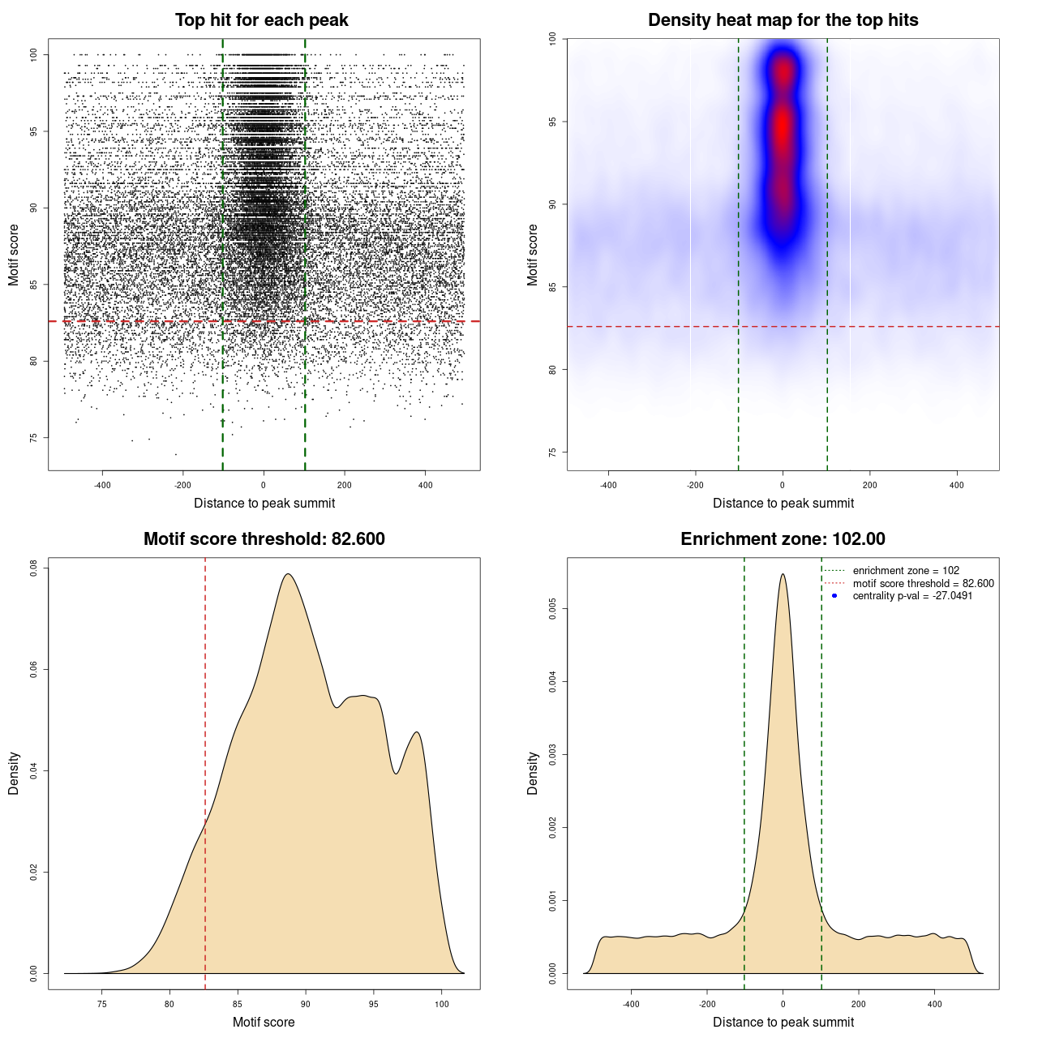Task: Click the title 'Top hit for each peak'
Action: point(261,20)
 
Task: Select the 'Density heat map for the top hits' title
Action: point(783,20)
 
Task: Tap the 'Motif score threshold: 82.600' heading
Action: point(264,539)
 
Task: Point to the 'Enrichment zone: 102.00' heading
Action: point(783,539)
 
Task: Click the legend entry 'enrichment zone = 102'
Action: point(906,571)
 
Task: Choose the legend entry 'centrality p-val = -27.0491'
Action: point(912,596)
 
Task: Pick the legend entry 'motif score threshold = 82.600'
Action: point(923,583)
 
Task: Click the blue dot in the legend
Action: point(834,596)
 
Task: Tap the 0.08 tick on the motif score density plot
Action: point(34,567)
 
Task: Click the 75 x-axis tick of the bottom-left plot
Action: point(101,1004)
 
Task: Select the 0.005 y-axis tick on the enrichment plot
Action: point(553,609)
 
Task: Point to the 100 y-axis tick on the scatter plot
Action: point(34,54)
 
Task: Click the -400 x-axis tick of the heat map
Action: point(608,485)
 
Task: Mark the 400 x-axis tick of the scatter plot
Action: point(425,485)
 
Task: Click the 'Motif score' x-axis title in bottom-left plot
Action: point(264,1022)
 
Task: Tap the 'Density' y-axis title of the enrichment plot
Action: point(533,773)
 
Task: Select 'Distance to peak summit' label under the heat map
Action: point(783,503)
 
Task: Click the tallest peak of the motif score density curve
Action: point(288,574)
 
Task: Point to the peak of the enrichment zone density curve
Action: point(783,574)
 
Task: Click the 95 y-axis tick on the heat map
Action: point(553,122)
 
